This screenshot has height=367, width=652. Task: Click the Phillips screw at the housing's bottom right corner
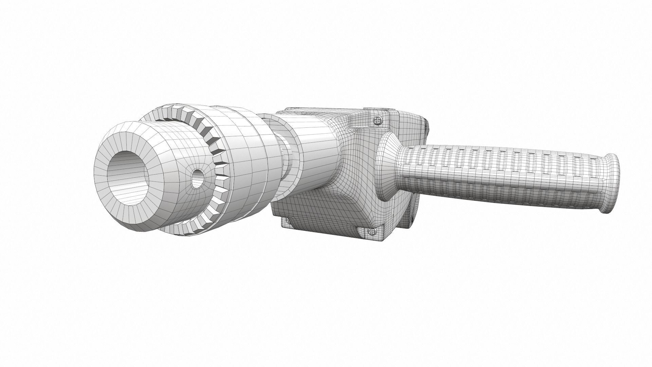(372, 232)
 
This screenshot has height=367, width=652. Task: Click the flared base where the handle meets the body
(389, 167)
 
